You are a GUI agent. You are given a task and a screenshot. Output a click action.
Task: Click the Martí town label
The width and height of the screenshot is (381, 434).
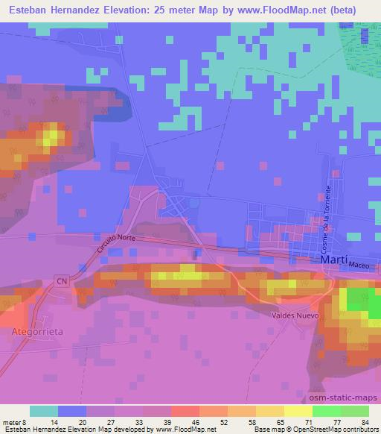(x=333, y=260)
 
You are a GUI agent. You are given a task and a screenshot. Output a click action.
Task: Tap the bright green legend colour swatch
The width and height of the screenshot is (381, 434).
(x=326, y=411)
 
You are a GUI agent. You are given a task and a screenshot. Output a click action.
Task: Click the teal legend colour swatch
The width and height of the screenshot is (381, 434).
(x=44, y=411)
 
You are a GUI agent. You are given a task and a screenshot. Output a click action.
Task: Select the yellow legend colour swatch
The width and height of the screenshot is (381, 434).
(x=269, y=411)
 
